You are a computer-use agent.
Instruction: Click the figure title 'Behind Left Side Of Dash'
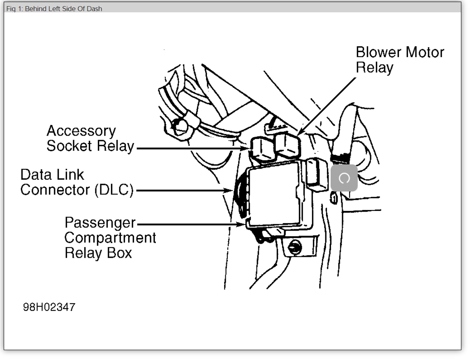point(54,9)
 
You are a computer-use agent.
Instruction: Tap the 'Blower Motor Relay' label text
point(399,60)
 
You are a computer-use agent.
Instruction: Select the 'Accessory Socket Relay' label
point(90,138)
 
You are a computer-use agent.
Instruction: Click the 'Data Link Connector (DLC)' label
point(77,182)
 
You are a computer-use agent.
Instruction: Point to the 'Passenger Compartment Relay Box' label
point(110,238)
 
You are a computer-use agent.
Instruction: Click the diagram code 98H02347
point(49,307)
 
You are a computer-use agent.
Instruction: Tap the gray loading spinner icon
point(344,178)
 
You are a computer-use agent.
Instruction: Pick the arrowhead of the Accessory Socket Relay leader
point(246,148)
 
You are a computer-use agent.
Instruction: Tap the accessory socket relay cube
point(262,149)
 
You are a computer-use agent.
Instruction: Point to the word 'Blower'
point(378,52)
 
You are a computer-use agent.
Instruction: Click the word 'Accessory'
point(81,131)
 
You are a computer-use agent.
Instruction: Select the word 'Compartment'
point(110,238)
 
